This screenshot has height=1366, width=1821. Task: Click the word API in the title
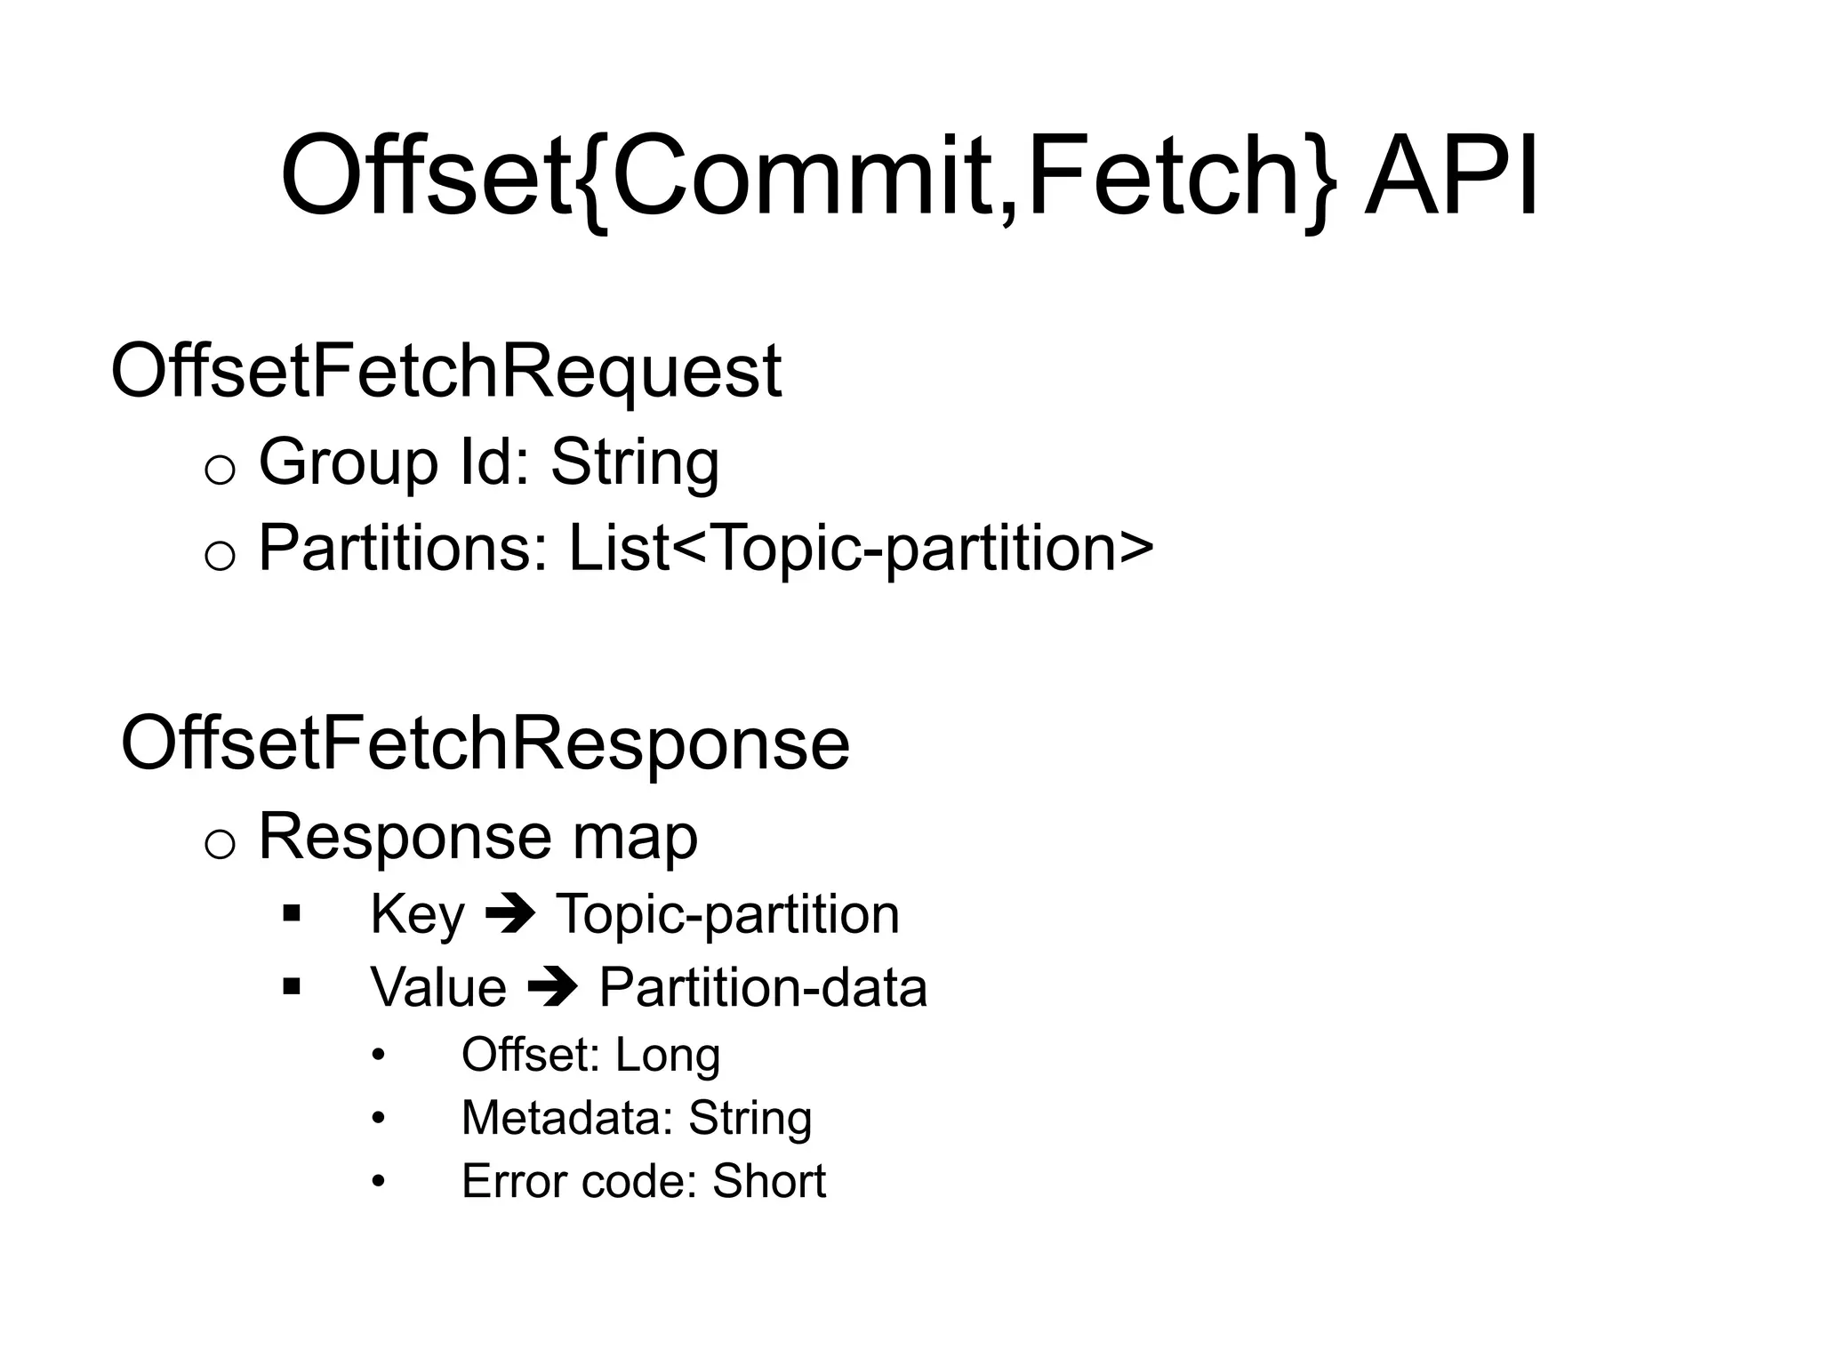pyautogui.click(x=1451, y=176)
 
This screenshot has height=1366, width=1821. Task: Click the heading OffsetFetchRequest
pyautogui.click(x=446, y=372)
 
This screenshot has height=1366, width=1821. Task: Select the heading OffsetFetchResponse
pyautogui.click(x=485, y=743)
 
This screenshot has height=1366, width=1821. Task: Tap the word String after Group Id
pyautogui.click(x=635, y=462)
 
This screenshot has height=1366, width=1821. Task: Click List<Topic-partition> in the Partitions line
pyautogui.click(x=861, y=548)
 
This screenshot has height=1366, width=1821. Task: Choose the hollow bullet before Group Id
pyautogui.click(x=220, y=470)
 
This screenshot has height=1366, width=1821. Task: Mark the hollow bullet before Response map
pyautogui.click(x=220, y=844)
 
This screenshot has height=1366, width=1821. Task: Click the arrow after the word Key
pyautogui.click(x=510, y=915)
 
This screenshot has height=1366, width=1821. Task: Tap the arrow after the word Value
pyautogui.click(x=553, y=988)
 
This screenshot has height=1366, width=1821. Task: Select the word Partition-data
pyautogui.click(x=763, y=988)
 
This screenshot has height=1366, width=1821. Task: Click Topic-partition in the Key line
pyautogui.click(x=727, y=915)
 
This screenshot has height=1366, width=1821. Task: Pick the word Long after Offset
pyautogui.click(x=667, y=1056)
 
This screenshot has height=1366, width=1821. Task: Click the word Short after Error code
pyautogui.click(x=769, y=1182)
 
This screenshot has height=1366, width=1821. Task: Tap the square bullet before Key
pyautogui.click(x=291, y=913)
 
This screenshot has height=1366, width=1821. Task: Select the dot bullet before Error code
pyautogui.click(x=380, y=1182)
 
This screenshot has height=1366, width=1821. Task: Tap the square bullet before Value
pyautogui.click(x=291, y=986)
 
